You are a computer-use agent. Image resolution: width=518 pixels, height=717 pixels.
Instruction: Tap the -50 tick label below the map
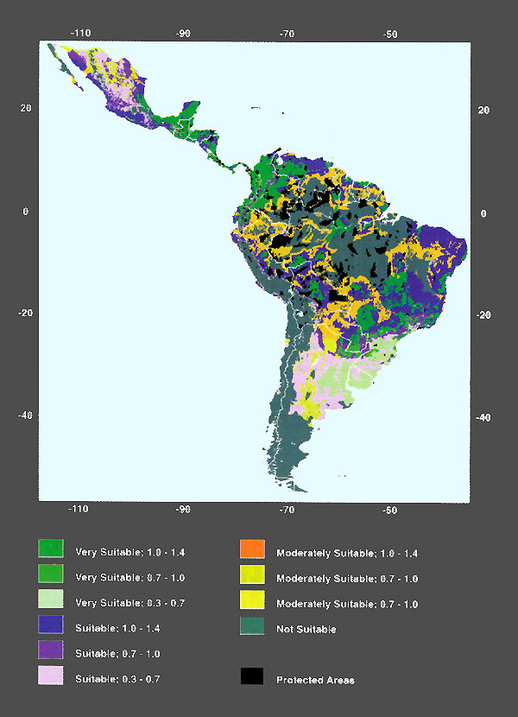click(390, 511)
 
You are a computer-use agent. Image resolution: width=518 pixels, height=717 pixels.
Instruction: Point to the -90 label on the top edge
click(183, 34)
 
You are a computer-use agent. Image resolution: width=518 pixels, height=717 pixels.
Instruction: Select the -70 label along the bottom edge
click(287, 511)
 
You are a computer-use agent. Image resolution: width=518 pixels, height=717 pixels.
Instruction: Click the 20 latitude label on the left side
click(26, 108)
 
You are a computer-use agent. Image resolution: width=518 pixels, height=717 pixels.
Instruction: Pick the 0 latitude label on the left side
click(27, 210)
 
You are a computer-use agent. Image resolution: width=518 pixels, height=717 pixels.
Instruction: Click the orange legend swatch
click(252, 549)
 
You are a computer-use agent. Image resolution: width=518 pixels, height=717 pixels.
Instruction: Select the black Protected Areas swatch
click(252, 676)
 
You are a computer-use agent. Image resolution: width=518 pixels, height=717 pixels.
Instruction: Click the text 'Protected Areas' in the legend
click(315, 680)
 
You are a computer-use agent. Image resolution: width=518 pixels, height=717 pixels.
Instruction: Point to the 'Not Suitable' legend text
click(306, 629)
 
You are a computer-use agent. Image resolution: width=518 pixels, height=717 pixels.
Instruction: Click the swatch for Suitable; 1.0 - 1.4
click(51, 625)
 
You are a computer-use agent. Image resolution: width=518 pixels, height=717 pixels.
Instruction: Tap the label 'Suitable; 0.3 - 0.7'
click(118, 679)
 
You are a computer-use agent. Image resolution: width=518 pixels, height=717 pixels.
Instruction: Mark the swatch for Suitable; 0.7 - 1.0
click(51, 650)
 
